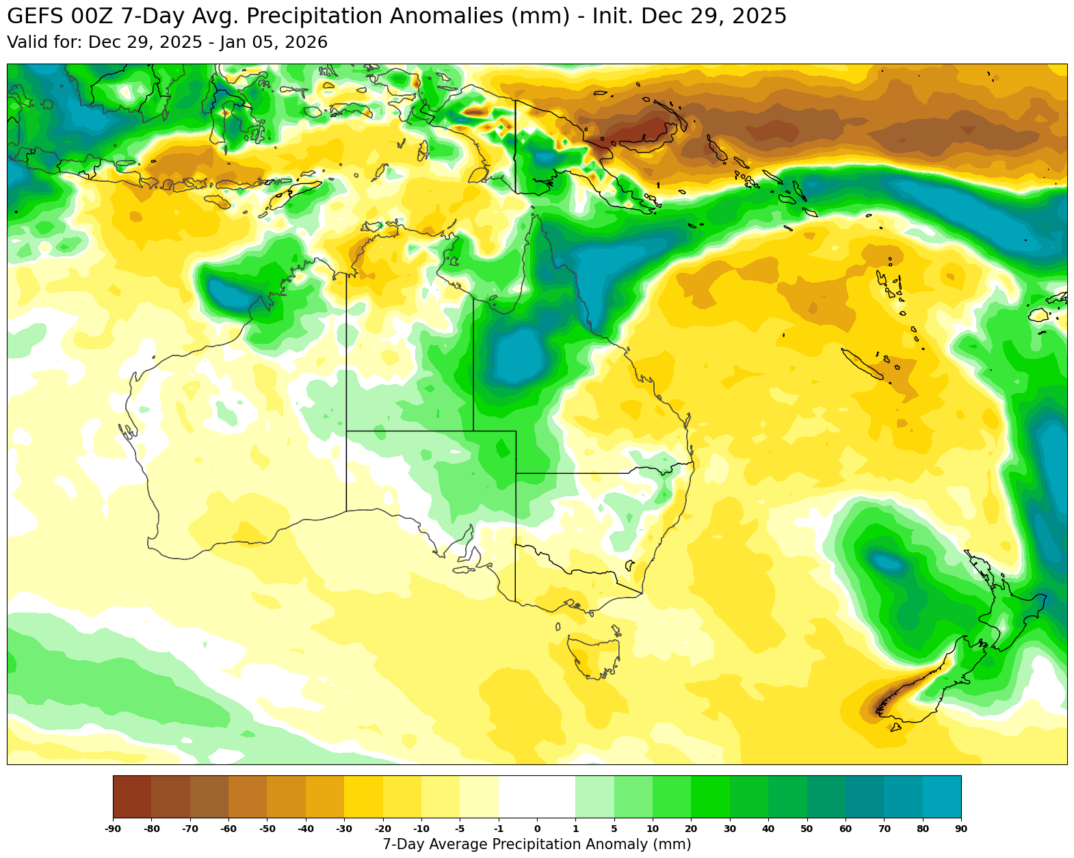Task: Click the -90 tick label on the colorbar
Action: (113, 829)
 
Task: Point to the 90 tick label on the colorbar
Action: (960, 829)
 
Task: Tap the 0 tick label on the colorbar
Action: (537, 829)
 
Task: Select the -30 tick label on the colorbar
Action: (344, 829)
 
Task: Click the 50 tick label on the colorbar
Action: (807, 829)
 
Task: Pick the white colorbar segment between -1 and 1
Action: (537, 796)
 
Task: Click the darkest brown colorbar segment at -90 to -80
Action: (132, 796)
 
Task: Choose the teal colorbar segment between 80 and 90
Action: (941, 796)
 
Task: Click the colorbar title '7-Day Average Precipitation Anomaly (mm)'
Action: (537, 844)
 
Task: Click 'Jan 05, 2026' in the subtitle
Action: (274, 42)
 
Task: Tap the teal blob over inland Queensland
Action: (520, 356)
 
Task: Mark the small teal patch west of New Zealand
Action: (888, 563)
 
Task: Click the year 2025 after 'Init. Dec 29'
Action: (759, 16)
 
